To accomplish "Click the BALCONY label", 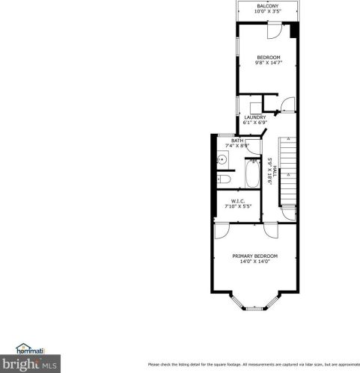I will coord(268,5).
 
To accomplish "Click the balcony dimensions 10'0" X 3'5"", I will coord(268,11).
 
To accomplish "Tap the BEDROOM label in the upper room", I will coord(268,58).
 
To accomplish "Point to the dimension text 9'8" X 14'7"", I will coord(268,64).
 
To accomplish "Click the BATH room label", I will coord(237,140).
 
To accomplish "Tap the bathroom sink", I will coord(222,158).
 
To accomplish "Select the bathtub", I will coord(253,176).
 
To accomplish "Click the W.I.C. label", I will coord(238,200).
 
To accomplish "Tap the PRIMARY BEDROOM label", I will coord(254,256).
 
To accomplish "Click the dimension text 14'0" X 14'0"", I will coord(254,262).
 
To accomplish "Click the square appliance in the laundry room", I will coord(256,105).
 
